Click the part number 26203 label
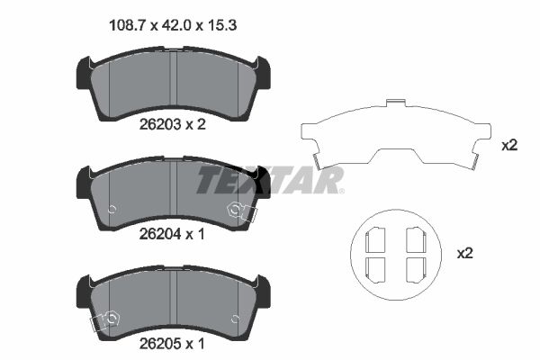[x=157, y=125]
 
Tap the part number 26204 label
[x=157, y=234]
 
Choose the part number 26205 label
[x=157, y=343]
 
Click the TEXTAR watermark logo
[x=270, y=180]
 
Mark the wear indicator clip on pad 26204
[x=241, y=211]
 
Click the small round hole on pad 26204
[x=112, y=211]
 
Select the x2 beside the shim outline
[x=508, y=144]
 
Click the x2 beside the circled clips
[x=464, y=254]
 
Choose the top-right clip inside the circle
[x=415, y=239]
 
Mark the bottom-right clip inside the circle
[x=415, y=269]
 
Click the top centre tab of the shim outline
[x=394, y=103]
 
